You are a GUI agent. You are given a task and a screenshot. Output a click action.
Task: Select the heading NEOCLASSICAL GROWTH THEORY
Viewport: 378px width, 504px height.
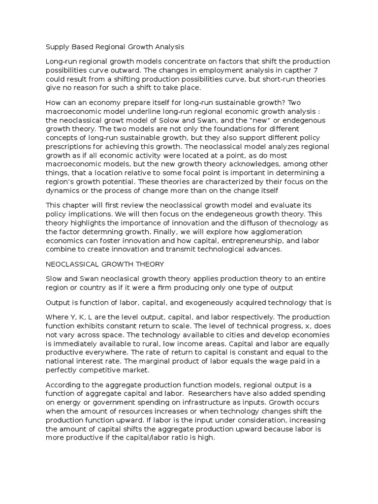[105, 264]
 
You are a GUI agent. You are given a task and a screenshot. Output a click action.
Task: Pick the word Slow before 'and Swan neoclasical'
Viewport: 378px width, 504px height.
[55, 279]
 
